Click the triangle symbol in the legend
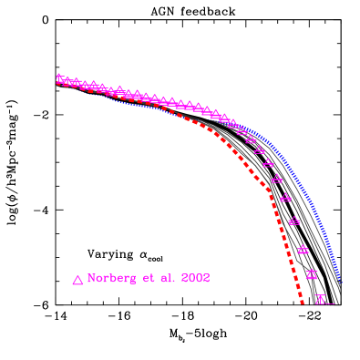(x=77, y=280)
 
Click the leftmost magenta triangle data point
(x=59, y=78)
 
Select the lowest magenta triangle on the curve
(x=320, y=298)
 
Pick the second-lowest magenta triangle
(x=312, y=273)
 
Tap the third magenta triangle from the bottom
(x=303, y=249)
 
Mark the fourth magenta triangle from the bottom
(x=294, y=221)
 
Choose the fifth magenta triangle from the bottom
(x=285, y=197)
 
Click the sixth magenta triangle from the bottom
(x=277, y=179)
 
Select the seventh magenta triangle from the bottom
(x=268, y=163)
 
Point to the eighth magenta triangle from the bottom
(x=260, y=149)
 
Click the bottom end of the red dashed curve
(x=302, y=301)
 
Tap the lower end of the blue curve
(x=339, y=280)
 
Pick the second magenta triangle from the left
(x=67, y=81)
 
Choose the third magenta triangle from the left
(x=77, y=83)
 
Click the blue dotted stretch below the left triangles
(x=128, y=103)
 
